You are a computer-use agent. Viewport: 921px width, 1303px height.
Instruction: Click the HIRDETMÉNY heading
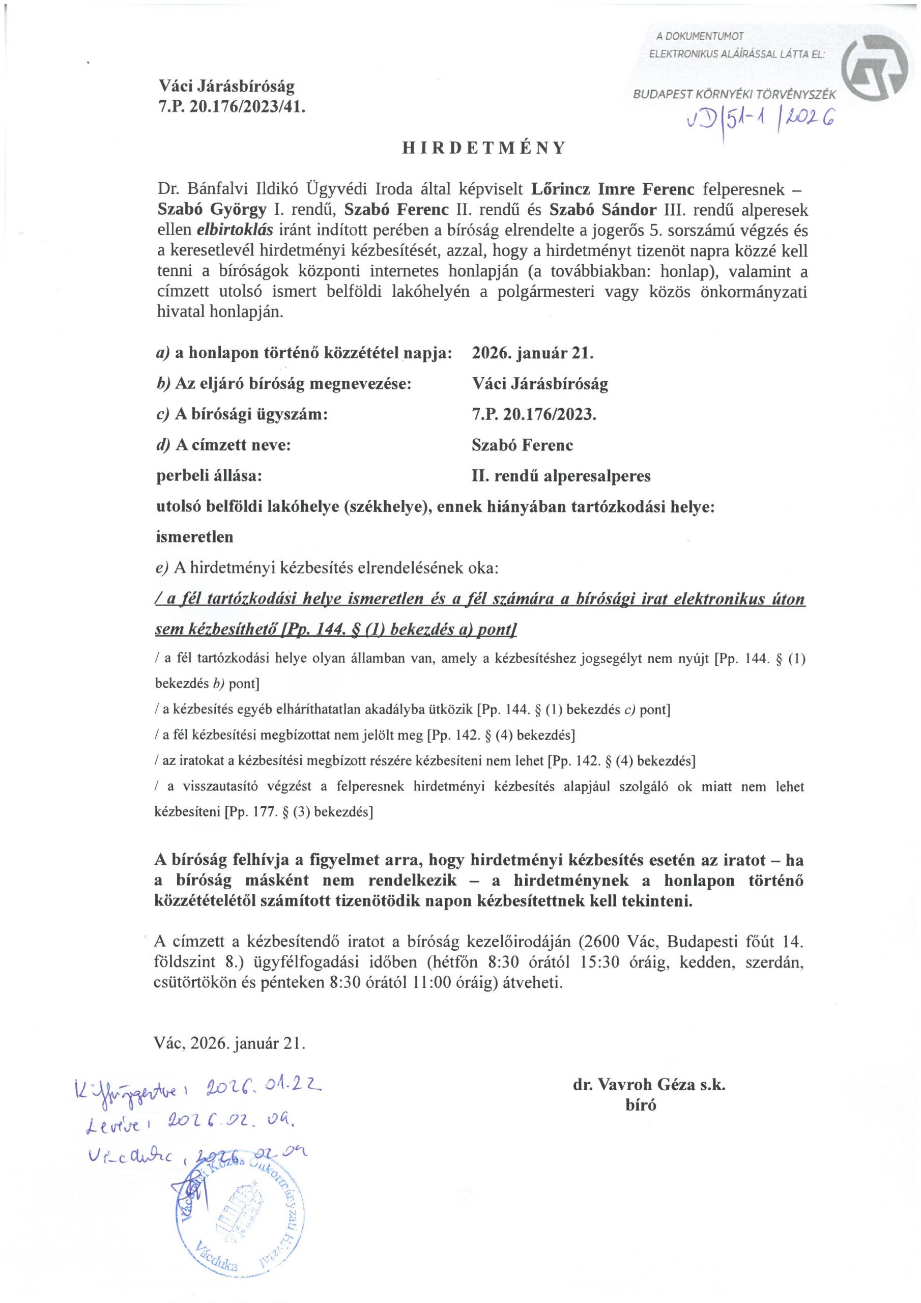point(484,148)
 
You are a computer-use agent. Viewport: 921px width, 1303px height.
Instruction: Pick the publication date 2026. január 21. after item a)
point(532,353)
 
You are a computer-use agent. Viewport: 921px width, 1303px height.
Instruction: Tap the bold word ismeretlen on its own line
point(194,536)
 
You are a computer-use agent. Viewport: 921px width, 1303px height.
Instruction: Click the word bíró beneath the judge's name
point(641,1105)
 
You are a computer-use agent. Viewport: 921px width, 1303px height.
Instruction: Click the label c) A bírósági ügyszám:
point(242,414)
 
